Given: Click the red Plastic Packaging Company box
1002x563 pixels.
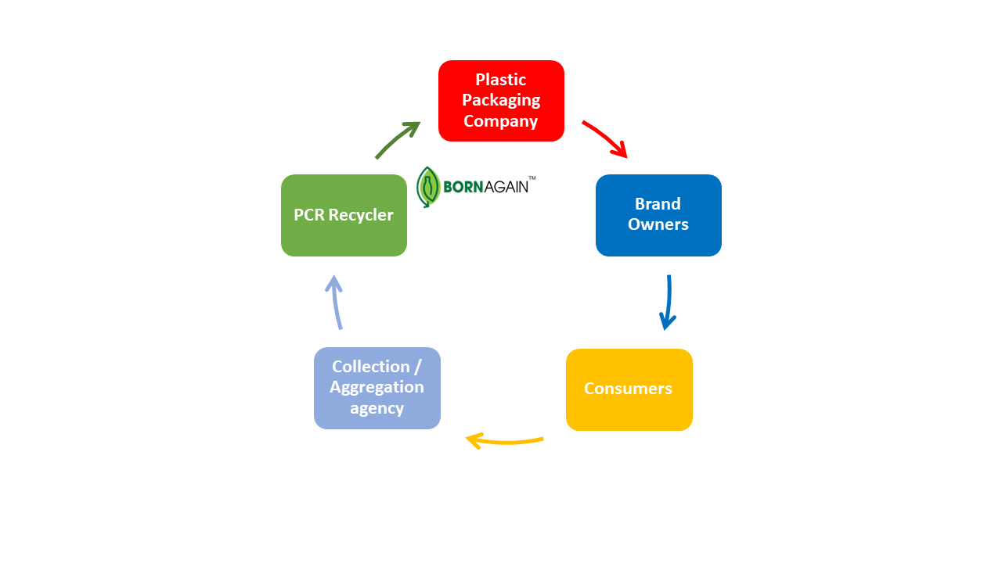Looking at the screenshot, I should click(501, 101).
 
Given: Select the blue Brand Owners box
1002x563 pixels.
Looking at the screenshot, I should click(658, 215).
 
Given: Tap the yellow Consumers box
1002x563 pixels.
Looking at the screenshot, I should click(629, 389).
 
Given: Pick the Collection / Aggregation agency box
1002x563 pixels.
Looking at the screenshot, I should click(377, 388).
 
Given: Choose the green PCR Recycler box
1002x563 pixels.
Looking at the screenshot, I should click(344, 215).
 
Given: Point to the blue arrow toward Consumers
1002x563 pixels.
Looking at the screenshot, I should click(668, 302).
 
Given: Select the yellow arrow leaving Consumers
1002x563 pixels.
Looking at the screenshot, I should click(504, 442).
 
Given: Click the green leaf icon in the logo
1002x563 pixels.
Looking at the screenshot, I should click(427, 187).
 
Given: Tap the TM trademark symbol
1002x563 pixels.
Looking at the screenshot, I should click(532, 178).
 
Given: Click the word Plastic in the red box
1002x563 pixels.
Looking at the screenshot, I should click(501, 80).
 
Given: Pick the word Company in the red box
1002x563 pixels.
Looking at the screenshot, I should click(501, 121).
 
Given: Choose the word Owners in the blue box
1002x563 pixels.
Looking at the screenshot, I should click(658, 224).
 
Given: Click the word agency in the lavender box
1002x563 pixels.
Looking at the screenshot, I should click(377, 408).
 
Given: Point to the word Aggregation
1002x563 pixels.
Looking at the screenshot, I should click(377, 387).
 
